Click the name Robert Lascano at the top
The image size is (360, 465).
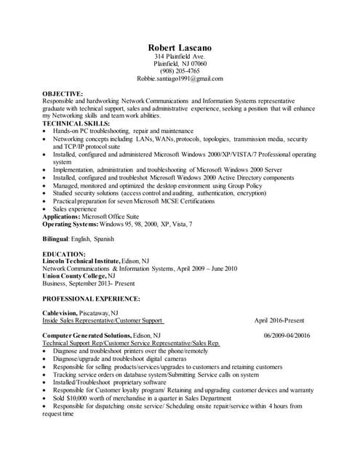point(180,48)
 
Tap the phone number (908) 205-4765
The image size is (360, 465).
point(180,71)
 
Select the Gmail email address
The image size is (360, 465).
point(180,78)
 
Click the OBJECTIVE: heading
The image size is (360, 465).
point(63,94)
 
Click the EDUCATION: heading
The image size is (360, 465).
point(64,254)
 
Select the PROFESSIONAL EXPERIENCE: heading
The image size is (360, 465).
point(91,299)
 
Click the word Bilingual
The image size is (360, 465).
point(57,239)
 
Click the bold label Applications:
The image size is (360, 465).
point(62,217)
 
